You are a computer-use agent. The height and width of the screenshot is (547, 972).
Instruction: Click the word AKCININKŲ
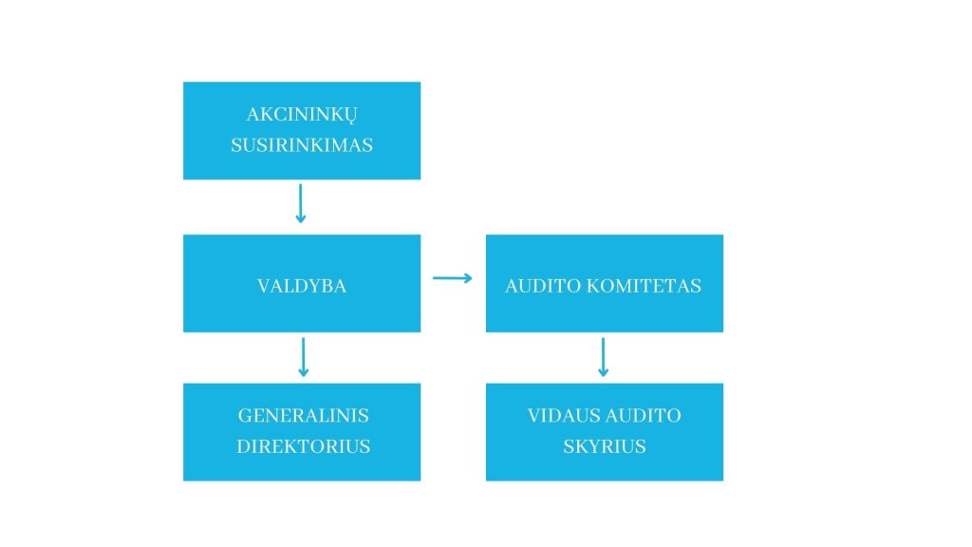pyautogui.click(x=302, y=115)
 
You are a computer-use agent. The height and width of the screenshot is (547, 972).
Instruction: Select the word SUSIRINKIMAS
pyautogui.click(x=302, y=145)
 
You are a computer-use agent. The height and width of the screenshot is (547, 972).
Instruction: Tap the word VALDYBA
pyautogui.click(x=302, y=286)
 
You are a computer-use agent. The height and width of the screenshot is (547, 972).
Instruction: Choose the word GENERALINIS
pyautogui.click(x=303, y=416)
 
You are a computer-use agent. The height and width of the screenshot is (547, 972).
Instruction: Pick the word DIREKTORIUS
pyautogui.click(x=303, y=446)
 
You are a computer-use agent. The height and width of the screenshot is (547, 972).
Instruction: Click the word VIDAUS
pyautogui.click(x=563, y=416)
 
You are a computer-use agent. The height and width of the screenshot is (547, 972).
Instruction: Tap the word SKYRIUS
pyautogui.click(x=605, y=446)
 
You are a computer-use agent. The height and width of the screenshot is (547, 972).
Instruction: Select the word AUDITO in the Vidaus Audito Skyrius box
pyautogui.click(x=643, y=416)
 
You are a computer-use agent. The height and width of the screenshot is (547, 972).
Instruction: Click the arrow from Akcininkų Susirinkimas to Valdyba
pyautogui.click(x=301, y=203)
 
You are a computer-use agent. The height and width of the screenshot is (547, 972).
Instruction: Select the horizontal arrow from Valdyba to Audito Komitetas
pyautogui.click(x=453, y=278)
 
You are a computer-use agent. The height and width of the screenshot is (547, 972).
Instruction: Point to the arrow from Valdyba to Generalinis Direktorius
pyautogui.click(x=303, y=357)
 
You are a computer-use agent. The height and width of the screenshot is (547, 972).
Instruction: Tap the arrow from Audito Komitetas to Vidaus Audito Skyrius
pyautogui.click(x=603, y=357)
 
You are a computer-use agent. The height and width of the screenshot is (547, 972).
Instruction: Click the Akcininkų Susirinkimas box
pyautogui.click(x=302, y=131)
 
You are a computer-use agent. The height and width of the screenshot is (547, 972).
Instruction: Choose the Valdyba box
pyautogui.click(x=302, y=283)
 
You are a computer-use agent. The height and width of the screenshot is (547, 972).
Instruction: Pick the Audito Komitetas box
pyautogui.click(x=605, y=283)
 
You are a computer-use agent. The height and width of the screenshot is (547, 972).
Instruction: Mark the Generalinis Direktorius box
pyautogui.click(x=302, y=432)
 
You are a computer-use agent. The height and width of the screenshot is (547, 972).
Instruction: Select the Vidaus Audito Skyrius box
pyautogui.click(x=605, y=432)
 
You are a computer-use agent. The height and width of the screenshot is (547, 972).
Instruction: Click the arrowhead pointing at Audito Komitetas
pyautogui.click(x=469, y=278)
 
